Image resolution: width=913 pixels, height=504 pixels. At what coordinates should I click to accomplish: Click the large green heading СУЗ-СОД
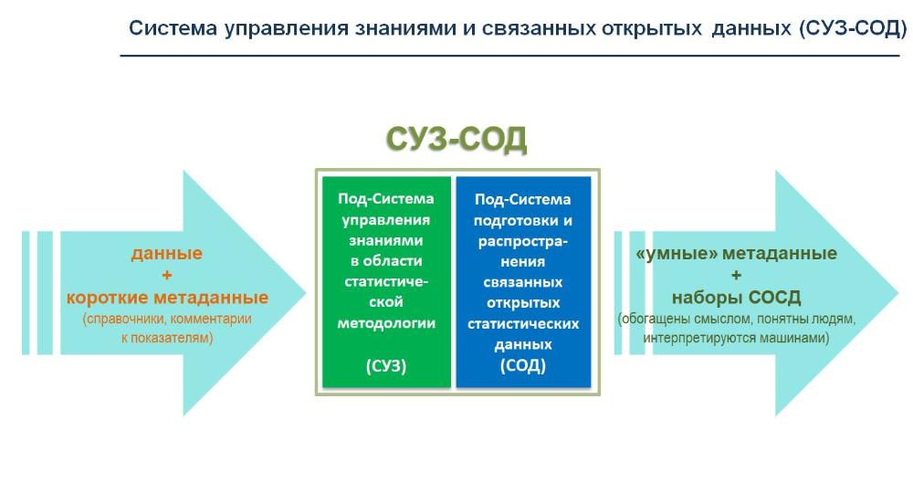pyautogui.click(x=456, y=139)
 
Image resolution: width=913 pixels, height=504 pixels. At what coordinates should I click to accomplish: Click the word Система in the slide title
pyautogui.click(x=173, y=28)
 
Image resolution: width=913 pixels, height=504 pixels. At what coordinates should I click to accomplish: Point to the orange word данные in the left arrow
pyautogui.click(x=166, y=254)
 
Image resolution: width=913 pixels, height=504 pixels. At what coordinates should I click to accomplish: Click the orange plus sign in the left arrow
pyautogui.click(x=166, y=275)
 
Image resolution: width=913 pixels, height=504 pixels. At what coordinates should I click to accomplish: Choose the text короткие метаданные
pyautogui.click(x=167, y=298)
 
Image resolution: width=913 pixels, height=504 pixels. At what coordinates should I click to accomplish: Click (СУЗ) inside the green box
pyautogui.click(x=386, y=365)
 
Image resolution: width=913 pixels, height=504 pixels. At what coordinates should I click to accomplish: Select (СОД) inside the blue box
pyautogui.click(x=523, y=365)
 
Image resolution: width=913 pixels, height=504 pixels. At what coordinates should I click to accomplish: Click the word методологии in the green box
pyautogui.click(x=386, y=323)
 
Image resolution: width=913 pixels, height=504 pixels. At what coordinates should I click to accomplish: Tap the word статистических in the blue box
pyautogui.click(x=523, y=323)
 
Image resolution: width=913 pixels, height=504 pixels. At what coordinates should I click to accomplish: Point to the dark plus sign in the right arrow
pyautogui.click(x=736, y=275)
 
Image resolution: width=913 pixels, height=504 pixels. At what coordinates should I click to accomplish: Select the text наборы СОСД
pyautogui.click(x=736, y=298)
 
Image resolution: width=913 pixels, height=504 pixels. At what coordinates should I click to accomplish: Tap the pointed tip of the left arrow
pyautogui.click(x=306, y=293)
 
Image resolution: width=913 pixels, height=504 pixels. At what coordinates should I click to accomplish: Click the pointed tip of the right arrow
pyautogui.click(x=897, y=293)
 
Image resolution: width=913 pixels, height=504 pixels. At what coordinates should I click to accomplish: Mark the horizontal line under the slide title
pyautogui.click(x=510, y=56)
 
